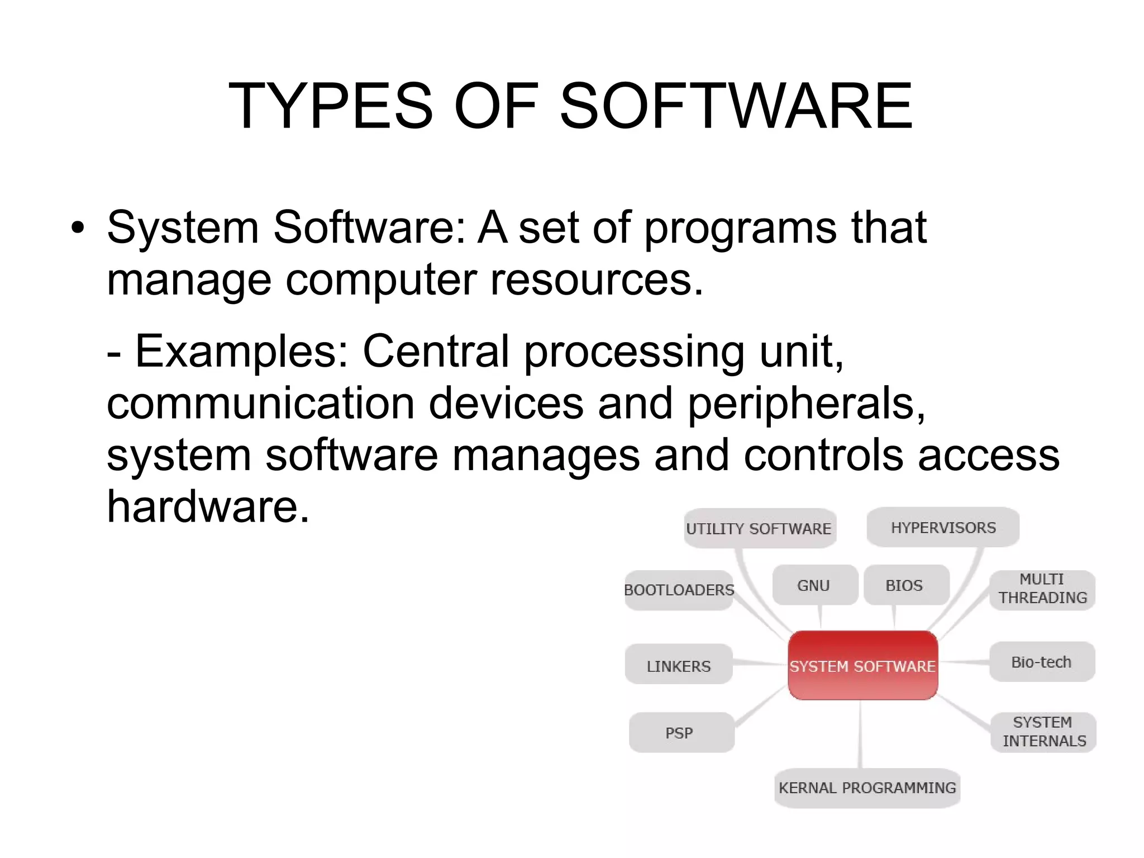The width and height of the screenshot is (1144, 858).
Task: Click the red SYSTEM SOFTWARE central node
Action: coord(862,665)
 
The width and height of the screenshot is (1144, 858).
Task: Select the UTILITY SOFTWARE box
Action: coord(759,528)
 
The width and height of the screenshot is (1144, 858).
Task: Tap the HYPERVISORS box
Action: coord(943,527)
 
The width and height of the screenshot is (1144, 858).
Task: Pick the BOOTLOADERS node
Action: coord(679,590)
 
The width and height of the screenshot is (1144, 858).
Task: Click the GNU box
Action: coord(814,585)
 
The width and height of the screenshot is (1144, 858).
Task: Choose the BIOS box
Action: coord(905,585)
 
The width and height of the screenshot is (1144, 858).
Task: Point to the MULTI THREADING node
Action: coord(1042,589)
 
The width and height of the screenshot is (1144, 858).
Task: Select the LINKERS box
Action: coord(679,665)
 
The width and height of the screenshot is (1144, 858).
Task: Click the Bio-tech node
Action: coord(1041,662)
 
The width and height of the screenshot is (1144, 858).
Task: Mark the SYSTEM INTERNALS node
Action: coord(1043,732)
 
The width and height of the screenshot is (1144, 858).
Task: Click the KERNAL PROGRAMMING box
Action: coord(867,788)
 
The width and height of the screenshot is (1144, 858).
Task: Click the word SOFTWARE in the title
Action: coord(736,106)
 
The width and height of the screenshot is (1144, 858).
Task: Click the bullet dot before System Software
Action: coord(78,227)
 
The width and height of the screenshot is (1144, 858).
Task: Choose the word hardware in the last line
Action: coord(207,506)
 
